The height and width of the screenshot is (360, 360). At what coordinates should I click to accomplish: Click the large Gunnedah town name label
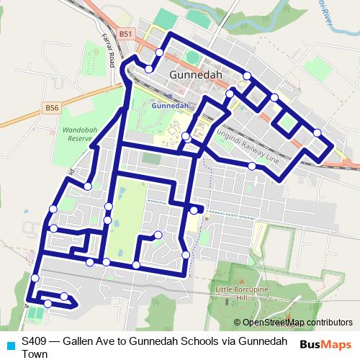click(196, 74)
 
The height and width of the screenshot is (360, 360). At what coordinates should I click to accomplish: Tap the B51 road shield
click(127, 34)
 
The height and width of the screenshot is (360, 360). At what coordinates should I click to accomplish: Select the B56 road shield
click(50, 107)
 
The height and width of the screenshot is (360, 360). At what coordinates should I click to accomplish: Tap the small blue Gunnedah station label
click(171, 105)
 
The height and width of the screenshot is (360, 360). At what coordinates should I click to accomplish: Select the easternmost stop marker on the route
click(318, 132)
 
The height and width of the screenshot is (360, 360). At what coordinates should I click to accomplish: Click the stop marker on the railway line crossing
click(251, 166)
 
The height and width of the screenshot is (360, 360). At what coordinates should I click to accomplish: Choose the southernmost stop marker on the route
click(48, 304)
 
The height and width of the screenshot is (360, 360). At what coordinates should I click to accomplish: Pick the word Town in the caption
click(35, 354)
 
